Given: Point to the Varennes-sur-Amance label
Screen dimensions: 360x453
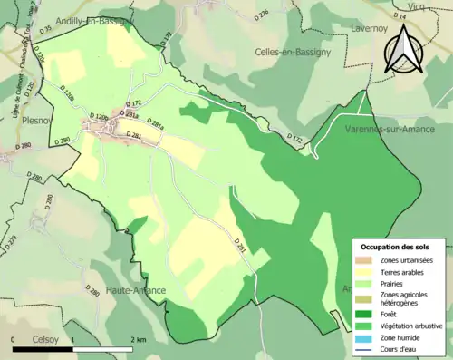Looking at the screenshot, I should click(390, 131).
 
